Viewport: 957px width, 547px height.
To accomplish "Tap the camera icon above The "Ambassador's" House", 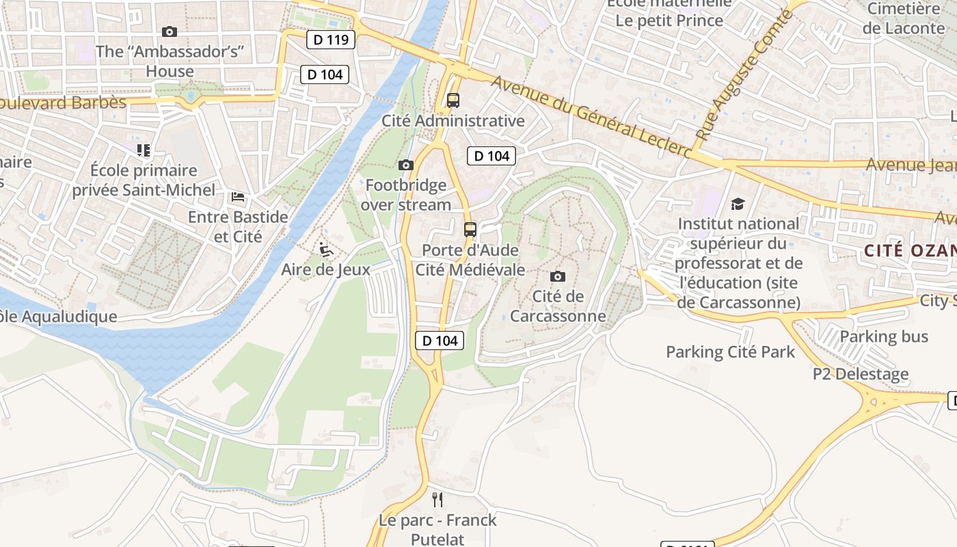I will [170, 31].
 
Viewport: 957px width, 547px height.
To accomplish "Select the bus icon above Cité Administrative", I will [453, 101].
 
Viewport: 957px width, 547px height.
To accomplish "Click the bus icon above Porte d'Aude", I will [470, 230].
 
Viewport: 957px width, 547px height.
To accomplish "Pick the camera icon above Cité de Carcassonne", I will [558, 276].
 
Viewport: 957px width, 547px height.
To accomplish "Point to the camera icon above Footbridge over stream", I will [405, 165].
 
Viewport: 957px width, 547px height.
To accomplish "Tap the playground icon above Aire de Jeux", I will [326, 250].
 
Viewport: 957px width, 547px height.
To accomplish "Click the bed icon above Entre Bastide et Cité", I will [238, 197].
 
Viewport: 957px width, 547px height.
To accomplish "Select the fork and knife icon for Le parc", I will [437, 500].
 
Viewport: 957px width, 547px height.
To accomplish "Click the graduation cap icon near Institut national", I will [738, 204].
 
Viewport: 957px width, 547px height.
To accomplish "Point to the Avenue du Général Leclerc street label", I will [591, 116].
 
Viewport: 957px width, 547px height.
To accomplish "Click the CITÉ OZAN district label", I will [909, 250].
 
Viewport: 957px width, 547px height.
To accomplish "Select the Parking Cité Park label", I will [730, 352].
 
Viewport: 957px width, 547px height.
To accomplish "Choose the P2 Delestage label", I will [860, 374].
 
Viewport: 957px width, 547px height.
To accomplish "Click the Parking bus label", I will [884, 336].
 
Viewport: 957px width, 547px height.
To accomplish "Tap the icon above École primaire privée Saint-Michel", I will [143, 150].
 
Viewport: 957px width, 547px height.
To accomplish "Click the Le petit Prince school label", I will [669, 21].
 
